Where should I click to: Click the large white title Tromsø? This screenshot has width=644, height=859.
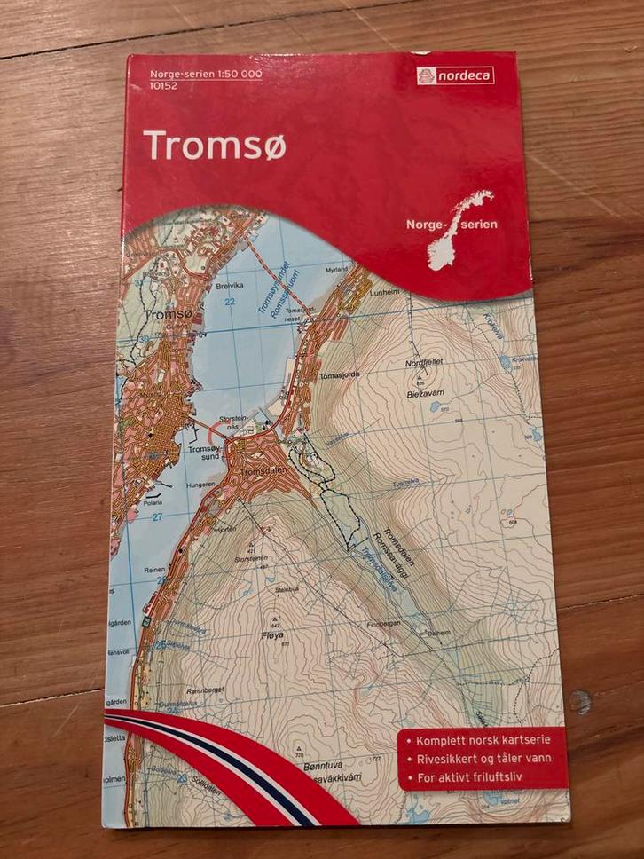tap(214, 144)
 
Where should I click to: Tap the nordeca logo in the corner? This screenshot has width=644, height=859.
tap(455, 76)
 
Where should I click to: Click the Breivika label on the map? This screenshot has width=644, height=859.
tap(228, 287)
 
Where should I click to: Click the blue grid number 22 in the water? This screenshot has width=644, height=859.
tap(230, 303)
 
